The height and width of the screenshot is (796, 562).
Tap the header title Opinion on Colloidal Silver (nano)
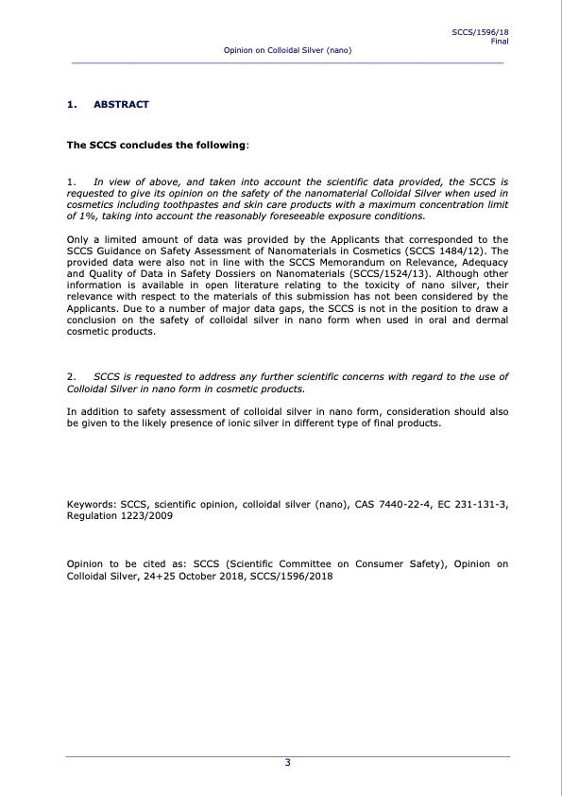pos(287,49)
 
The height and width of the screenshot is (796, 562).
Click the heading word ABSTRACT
pos(121,104)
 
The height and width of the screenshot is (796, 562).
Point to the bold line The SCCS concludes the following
pos(158,146)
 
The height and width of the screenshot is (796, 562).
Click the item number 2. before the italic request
pos(71,377)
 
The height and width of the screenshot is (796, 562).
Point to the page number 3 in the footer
pos(287,763)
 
